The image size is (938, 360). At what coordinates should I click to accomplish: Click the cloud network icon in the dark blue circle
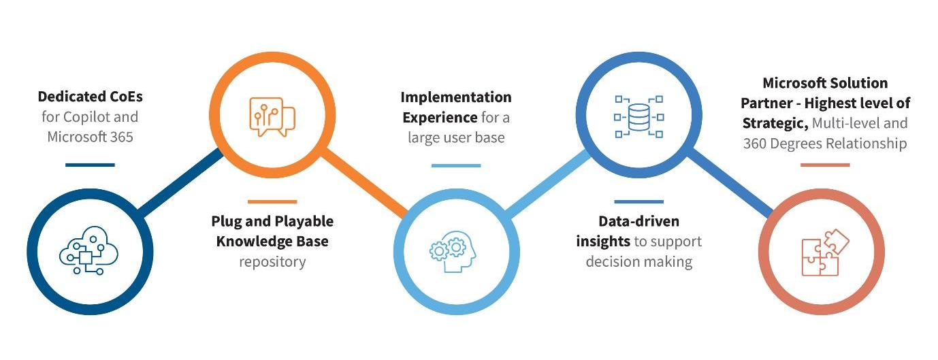88,252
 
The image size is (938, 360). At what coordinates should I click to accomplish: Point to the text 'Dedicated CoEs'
91,97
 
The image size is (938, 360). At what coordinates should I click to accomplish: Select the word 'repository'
272,261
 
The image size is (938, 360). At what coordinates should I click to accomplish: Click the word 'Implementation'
456,97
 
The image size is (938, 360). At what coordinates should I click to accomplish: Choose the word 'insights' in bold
603,241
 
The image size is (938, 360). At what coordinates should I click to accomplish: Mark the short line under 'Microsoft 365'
91,165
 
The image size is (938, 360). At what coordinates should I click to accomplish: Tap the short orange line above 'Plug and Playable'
272,201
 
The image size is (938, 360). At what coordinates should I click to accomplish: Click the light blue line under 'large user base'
456,165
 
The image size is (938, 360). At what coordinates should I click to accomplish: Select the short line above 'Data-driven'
638,201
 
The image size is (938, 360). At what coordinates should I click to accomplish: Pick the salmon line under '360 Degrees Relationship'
825,165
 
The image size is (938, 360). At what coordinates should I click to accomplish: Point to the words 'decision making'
638,261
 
